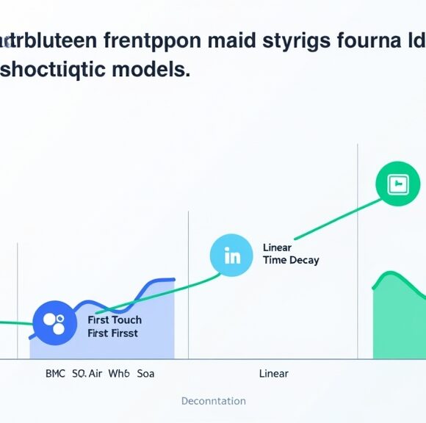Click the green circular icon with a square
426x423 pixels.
pyautogui.click(x=397, y=184)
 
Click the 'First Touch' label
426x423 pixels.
pyautogui.click(x=115, y=320)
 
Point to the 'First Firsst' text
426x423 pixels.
pyautogui.click(x=112, y=333)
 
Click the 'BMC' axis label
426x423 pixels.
pyautogui.click(x=55, y=374)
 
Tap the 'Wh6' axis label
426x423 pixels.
pyautogui.click(x=118, y=374)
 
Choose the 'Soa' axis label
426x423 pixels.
pyautogui.click(x=145, y=374)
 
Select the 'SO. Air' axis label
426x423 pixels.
pyautogui.click(x=87, y=374)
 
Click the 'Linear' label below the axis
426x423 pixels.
pyautogui.click(x=274, y=374)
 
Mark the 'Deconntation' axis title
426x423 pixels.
pyautogui.click(x=213, y=401)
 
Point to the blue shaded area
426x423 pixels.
pyautogui.click(x=147, y=323)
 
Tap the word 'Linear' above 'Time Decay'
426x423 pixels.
pyautogui.click(x=277, y=247)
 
